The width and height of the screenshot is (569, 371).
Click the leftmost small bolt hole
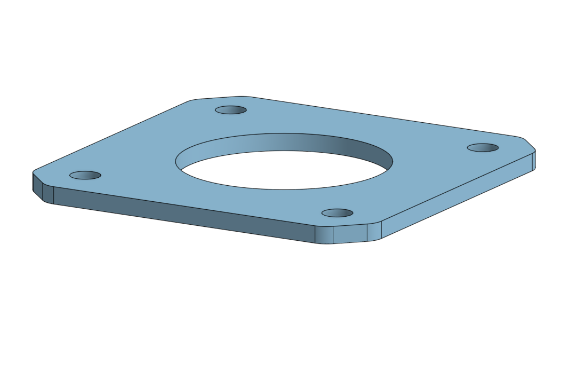(85, 175)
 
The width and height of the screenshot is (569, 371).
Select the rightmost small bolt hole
(483, 147)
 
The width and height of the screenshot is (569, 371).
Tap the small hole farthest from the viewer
(230, 110)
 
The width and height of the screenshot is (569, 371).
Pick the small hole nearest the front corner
(337, 213)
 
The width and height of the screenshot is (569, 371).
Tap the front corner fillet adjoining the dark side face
(324, 235)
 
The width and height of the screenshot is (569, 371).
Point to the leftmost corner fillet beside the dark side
(49, 195)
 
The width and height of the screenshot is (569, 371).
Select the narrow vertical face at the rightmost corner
(534, 161)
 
